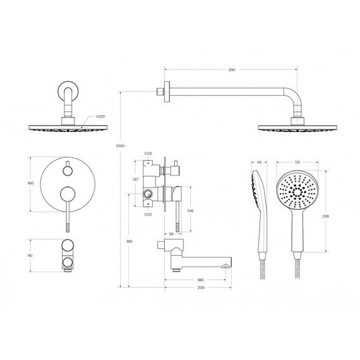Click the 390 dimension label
click(x=231, y=70)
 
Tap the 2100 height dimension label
click(x=120, y=146)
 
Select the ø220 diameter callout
click(x=100, y=116)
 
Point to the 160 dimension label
click(x=30, y=183)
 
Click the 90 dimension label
click(x=30, y=255)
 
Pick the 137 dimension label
click(x=135, y=179)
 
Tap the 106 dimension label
click(x=190, y=210)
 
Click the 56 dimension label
click(x=171, y=234)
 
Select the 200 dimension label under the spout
click(x=201, y=287)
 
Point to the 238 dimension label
click(x=325, y=216)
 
